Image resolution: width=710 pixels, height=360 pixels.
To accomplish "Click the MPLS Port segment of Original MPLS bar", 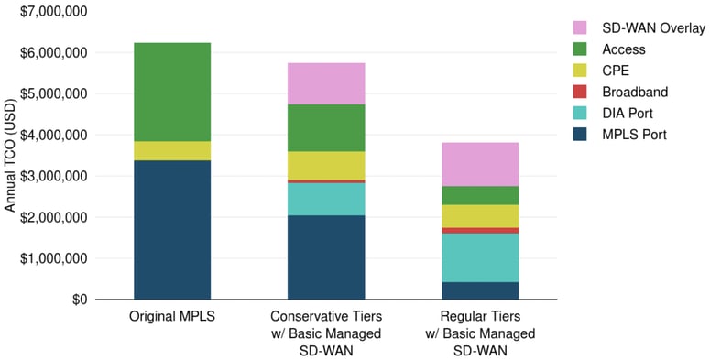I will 172,229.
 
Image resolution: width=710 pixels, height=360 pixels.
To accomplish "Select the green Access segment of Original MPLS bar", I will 172,92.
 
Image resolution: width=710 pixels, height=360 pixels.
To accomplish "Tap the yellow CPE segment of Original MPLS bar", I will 172,150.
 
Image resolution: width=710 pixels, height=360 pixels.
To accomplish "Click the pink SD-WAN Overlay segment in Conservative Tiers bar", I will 327,83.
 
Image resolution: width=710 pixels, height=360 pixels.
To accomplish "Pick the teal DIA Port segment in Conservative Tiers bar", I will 327,199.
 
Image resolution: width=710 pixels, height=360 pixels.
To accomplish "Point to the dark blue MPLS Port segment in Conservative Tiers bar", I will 327,256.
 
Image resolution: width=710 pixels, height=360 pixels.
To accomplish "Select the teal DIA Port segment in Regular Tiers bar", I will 480,257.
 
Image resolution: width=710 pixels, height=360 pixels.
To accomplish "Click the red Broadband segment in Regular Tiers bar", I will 480,230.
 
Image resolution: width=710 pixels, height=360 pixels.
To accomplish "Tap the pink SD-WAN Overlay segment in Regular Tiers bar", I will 480,164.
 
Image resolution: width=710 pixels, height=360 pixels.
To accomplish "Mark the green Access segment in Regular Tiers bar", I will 480,195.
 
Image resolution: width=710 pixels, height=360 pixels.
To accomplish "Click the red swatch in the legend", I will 579,93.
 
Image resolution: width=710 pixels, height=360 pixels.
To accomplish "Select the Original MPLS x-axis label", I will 172,316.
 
